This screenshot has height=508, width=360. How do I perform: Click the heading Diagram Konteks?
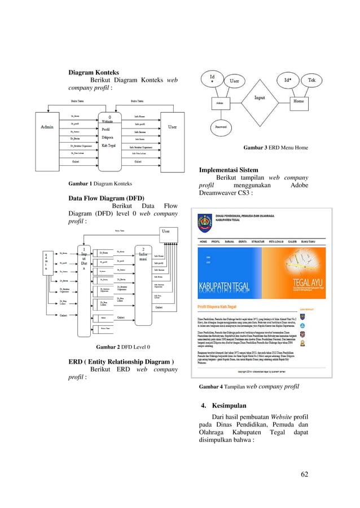point(94,73)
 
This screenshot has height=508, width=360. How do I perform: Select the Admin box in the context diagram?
point(47,127)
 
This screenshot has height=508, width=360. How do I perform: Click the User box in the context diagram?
point(172,127)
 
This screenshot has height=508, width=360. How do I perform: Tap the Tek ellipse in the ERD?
point(311,81)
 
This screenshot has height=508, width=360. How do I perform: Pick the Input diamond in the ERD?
point(260,98)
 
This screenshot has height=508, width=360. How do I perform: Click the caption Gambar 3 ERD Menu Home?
point(275,148)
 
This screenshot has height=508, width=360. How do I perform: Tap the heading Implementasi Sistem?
point(229,170)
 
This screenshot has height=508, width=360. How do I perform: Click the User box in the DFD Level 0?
point(166,232)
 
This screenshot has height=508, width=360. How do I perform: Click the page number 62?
point(305,472)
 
